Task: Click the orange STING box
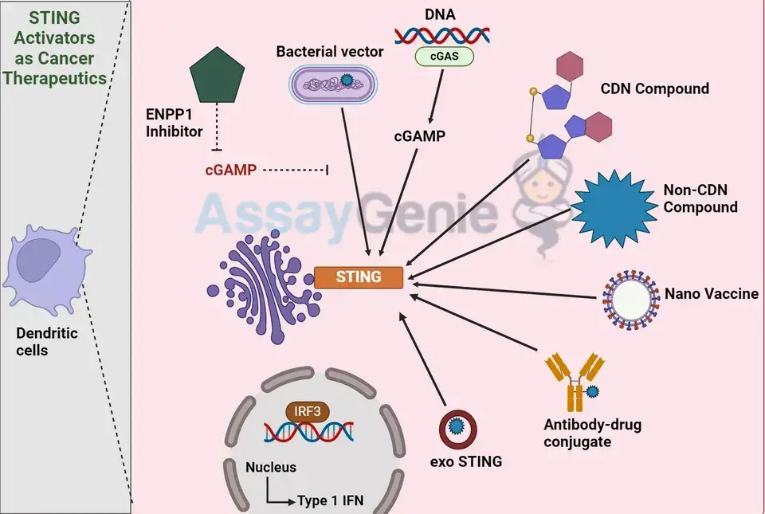pos(359,277)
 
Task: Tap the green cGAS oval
pos(444,56)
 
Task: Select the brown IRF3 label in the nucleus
pos(308,411)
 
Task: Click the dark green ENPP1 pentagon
pos(217,75)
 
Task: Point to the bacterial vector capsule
pos(333,84)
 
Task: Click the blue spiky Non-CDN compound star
pos(614,209)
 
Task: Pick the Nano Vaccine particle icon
pos(629,300)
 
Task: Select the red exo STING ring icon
pos(457,428)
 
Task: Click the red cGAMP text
pos(231,170)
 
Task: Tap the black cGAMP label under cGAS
pos(420,136)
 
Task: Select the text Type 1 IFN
pos(330,500)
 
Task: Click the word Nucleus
pos(271,467)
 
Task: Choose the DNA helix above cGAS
pos(442,36)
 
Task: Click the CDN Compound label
pos(655,88)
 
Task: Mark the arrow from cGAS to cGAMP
pos(437,96)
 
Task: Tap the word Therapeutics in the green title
pos(55,78)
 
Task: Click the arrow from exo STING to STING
pos(422,359)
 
